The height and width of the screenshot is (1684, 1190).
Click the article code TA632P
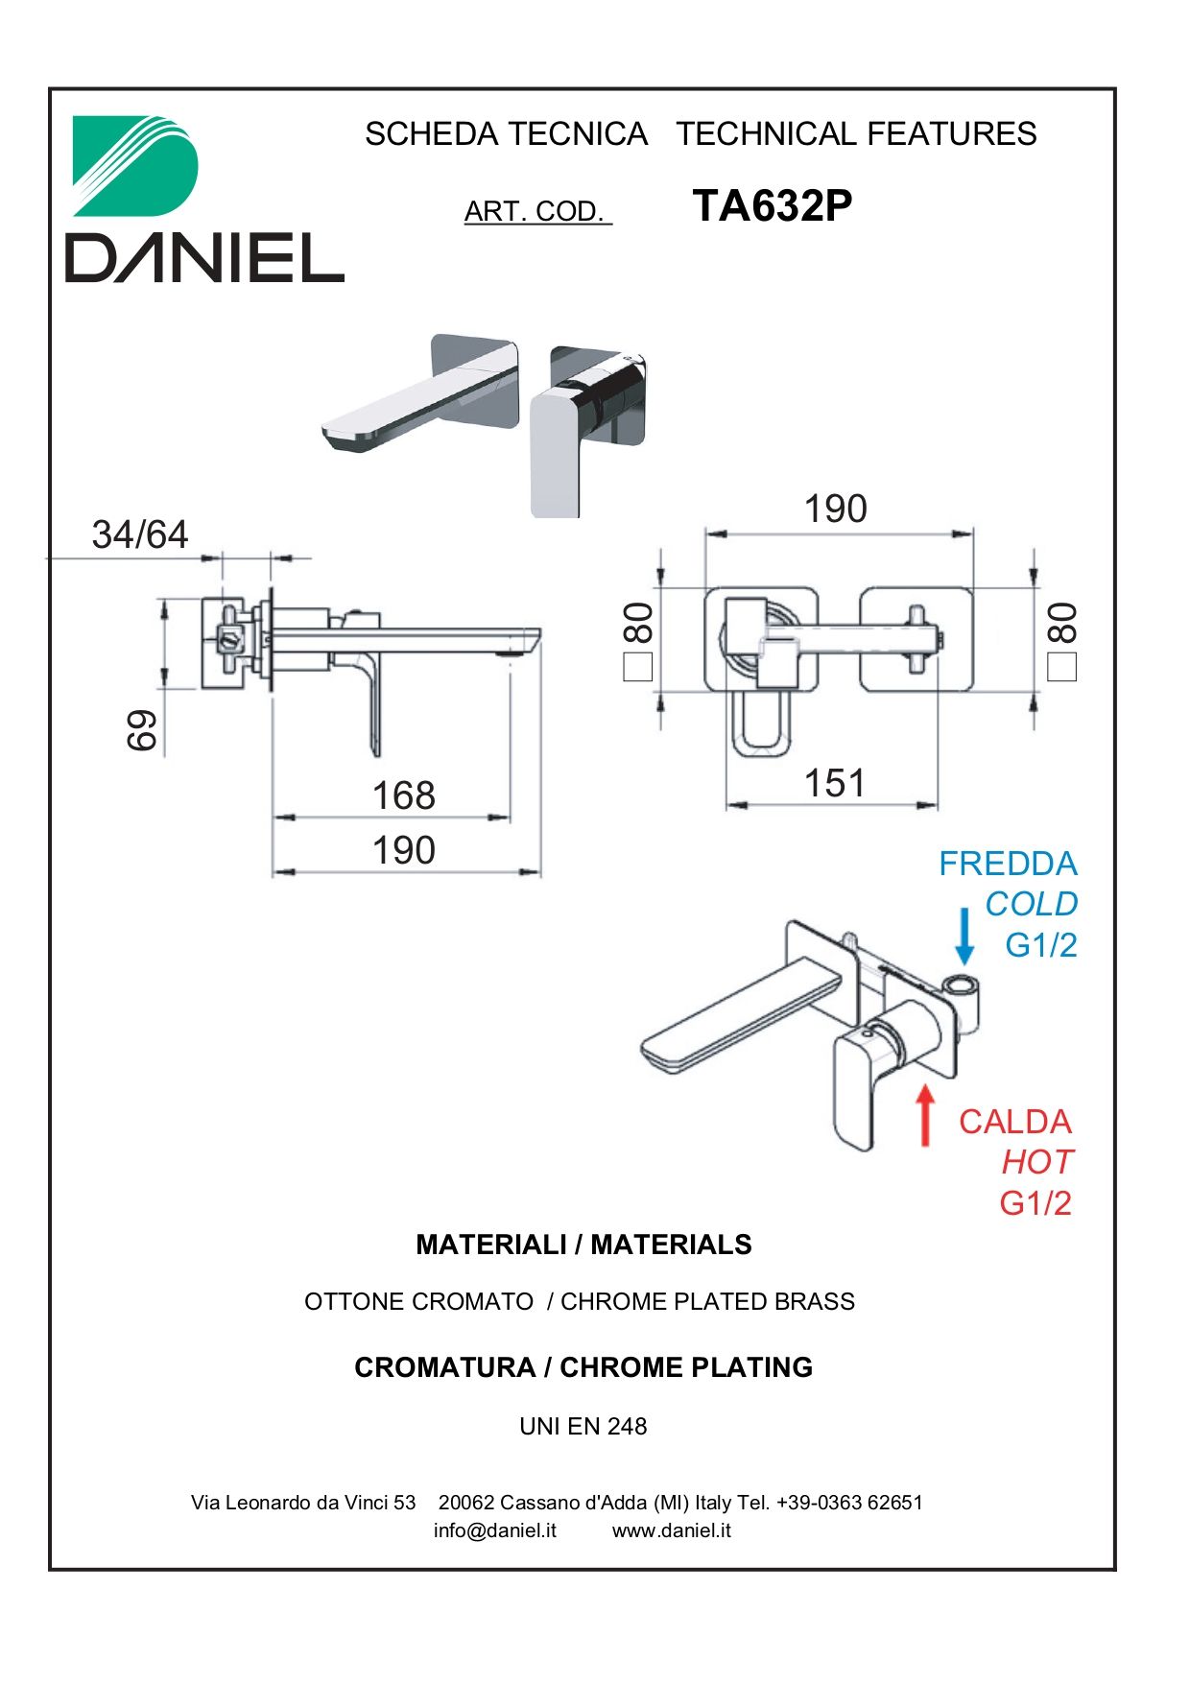772,205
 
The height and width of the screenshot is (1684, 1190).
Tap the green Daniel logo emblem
135,166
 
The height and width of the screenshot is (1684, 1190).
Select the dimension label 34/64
140,534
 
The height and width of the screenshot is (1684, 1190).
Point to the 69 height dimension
142,730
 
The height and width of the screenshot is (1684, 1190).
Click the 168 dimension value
403,795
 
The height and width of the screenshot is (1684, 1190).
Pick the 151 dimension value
835,783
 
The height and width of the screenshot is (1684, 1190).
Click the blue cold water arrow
964,936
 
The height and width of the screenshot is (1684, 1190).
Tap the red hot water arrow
925,1115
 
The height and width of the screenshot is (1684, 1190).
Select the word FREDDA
1008,864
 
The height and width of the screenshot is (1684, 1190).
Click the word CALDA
1014,1122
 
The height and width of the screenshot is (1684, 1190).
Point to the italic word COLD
1031,904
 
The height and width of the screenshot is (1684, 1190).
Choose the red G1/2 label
1035,1202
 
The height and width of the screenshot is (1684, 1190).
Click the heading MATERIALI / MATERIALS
583,1245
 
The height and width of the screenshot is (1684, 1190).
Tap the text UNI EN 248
583,1427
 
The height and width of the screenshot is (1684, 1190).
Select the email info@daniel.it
495,1530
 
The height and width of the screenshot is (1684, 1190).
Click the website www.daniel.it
672,1530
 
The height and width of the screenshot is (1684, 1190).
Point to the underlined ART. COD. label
537,211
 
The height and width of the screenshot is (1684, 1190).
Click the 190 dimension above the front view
835,509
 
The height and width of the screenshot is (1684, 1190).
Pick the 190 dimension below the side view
403,850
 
